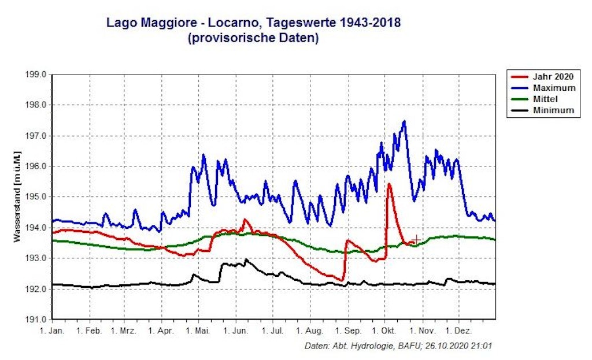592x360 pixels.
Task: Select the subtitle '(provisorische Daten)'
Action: (254, 39)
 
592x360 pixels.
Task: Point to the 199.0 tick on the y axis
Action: (35, 75)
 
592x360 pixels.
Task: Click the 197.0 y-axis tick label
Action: (35, 136)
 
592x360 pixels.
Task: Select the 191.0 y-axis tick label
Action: (35, 319)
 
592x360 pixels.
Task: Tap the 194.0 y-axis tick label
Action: (35, 228)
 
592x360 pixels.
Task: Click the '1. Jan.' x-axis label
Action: (51, 331)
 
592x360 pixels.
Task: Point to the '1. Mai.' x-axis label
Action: (199, 331)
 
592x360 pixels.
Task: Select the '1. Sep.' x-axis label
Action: (348, 331)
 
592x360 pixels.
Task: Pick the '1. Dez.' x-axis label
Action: (460, 331)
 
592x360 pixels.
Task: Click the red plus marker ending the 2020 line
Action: (416, 239)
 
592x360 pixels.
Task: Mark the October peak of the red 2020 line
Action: (389, 184)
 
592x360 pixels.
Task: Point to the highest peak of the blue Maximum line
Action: (404, 121)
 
